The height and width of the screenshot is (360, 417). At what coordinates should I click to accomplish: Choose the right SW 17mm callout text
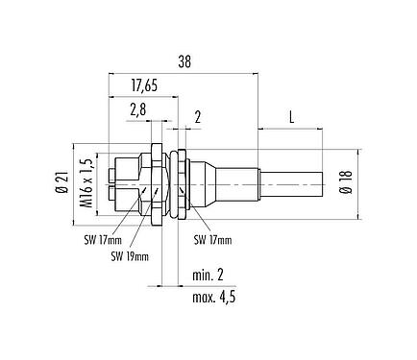coord(214,239)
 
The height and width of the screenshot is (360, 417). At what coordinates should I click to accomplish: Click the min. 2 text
coord(208,276)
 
